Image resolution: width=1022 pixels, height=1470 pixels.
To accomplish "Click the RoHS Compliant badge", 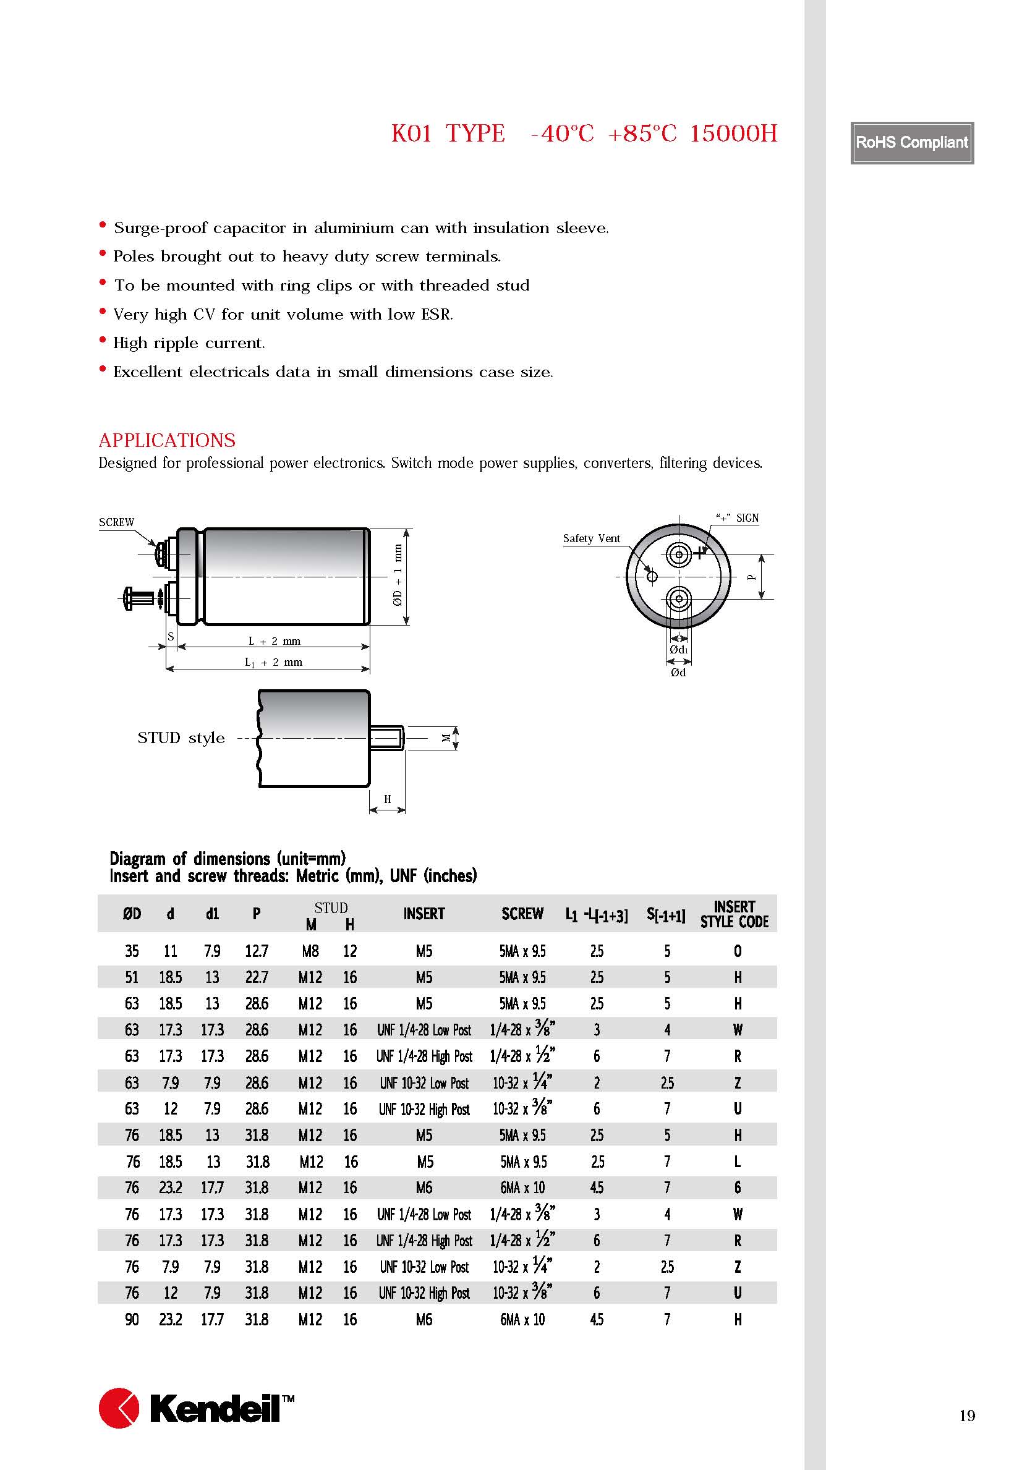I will (x=911, y=143).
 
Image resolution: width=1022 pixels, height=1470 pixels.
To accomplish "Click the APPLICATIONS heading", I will (x=166, y=441).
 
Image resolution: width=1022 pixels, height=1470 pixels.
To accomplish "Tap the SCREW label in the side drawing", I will (x=116, y=522).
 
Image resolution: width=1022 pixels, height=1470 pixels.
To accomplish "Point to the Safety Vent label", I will (x=591, y=538).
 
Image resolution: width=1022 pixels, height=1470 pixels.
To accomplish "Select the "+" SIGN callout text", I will (x=738, y=518).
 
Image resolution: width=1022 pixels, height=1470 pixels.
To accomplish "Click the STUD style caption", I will (x=181, y=738).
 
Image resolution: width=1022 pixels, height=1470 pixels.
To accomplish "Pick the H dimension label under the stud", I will (x=388, y=799).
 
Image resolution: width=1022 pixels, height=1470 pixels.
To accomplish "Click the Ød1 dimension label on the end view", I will (x=679, y=650).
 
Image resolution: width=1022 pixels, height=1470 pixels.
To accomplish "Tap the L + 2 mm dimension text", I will (x=274, y=641).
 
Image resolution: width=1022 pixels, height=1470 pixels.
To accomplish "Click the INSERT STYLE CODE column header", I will (x=735, y=914).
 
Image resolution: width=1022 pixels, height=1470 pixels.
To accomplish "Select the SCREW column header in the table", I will (x=522, y=914).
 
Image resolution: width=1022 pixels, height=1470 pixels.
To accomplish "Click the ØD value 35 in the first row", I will (x=132, y=951).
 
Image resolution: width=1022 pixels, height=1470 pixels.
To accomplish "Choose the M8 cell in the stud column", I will (x=310, y=951).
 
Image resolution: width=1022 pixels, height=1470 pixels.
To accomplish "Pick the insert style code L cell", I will (x=738, y=1162).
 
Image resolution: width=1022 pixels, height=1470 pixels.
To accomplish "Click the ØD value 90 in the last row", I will (x=132, y=1320).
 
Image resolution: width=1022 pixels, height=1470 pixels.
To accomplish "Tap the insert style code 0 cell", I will (x=738, y=951).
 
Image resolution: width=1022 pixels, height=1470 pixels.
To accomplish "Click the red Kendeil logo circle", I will (x=119, y=1408).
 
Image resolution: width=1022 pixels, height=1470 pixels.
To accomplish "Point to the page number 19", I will (x=967, y=1416).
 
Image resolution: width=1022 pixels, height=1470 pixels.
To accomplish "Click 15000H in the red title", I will (x=733, y=133).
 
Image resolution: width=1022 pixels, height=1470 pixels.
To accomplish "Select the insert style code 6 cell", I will (x=738, y=1187).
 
